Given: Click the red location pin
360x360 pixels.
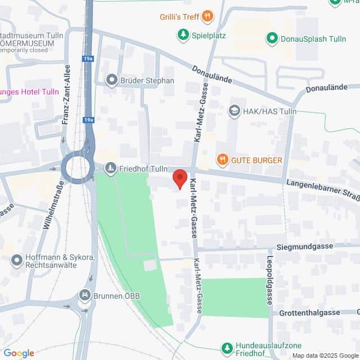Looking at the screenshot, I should (x=179, y=178).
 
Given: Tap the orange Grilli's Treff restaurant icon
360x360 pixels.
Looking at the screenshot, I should (x=208, y=16).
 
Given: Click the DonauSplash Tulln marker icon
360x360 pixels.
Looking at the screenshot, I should (x=272, y=38).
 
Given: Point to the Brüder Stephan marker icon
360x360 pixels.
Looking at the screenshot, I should (x=111, y=80).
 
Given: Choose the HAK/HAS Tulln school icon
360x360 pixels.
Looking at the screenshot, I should (x=233, y=111).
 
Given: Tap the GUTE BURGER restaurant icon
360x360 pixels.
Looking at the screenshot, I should (x=223, y=160).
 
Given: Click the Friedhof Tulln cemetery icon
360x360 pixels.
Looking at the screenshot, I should (x=111, y=168).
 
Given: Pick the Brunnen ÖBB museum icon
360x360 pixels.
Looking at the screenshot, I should (x=84, y=295).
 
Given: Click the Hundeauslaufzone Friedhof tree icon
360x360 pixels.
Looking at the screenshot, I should (x=227, y=348).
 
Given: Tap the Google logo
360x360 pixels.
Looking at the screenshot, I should (x=19, y=353).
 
